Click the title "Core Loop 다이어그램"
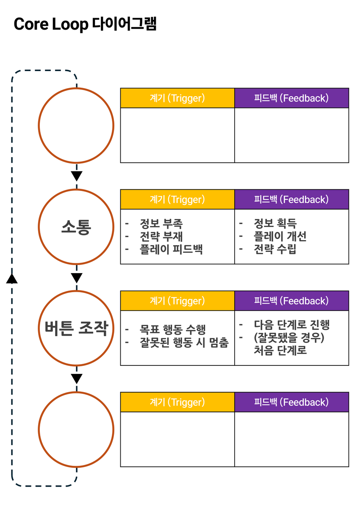85,24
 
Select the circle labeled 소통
76,227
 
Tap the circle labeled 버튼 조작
76,328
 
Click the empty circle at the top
76,125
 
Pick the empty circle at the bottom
76,429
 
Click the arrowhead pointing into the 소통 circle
76,176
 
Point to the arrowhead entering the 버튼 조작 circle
76,278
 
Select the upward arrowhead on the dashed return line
12,278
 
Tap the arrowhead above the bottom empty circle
76,379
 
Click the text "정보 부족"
161,223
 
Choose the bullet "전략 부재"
161,236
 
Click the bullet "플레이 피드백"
171,249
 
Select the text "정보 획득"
275,223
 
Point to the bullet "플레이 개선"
280,236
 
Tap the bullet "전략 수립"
275,249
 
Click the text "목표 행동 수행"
173,329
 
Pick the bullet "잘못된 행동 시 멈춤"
184,342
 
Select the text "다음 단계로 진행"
292,325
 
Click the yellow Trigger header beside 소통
177,199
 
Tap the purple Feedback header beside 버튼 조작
291,301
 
